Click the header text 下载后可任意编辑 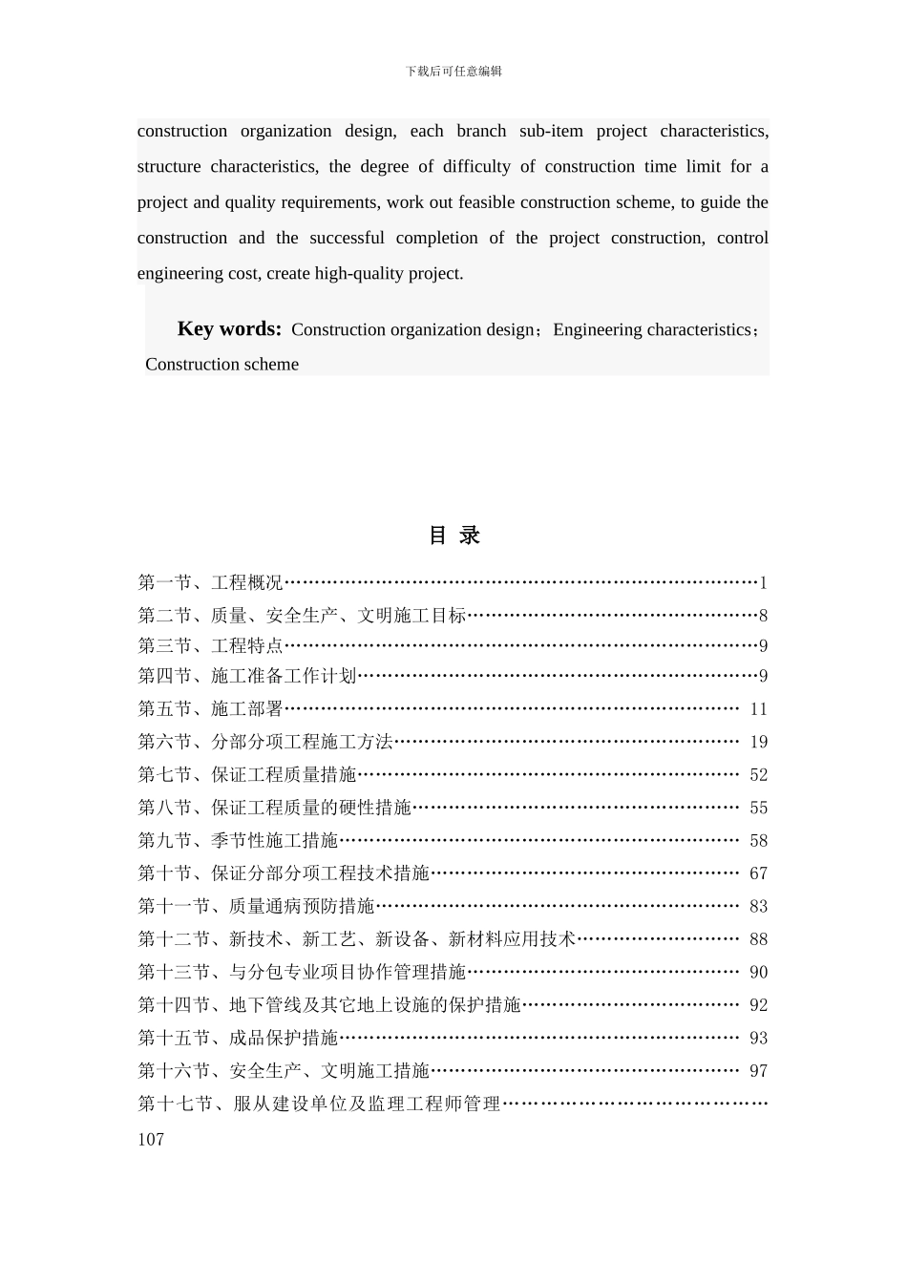click(453, 71)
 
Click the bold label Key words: click(229, 329)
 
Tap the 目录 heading click(453, 536)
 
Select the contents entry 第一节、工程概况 click(210, 582)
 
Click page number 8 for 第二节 click(763, 616)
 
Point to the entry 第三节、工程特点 click(210, 646)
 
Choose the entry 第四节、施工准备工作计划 click(246, 677)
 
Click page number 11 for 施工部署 click(758, 709)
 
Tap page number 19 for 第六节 click(758, 742)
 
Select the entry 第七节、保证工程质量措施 click(246, 775)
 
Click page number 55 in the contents click(758, 808)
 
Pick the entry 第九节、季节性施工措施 click(238, 841)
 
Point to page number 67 click(758, 873)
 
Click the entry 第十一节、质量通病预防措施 click(256, 907)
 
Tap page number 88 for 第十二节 click(758, 939)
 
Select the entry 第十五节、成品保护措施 click(238, 1038)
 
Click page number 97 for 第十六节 click(758, 1071)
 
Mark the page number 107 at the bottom click(151, 1139)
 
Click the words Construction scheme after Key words click(221, 365)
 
